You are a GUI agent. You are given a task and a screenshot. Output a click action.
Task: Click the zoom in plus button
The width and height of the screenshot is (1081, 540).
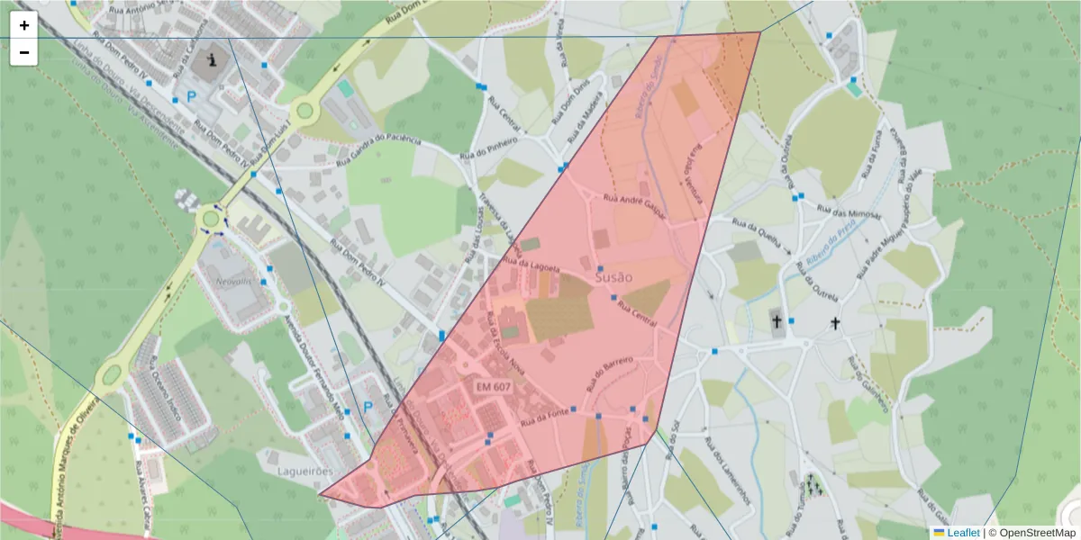pos(24,25)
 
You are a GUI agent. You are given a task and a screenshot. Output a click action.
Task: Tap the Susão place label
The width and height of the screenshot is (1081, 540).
pos(614,278)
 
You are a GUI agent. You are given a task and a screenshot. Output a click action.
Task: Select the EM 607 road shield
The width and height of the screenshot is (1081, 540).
pos(494,386)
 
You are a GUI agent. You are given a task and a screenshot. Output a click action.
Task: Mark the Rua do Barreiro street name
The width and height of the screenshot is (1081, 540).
pos(610,372)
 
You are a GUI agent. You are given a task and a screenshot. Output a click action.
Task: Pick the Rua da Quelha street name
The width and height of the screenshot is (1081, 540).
pos(756,229)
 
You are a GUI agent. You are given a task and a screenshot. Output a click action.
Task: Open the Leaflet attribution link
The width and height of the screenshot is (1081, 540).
pos(962,533)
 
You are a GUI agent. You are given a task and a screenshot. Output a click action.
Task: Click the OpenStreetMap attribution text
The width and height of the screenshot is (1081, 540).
pos(1036,533)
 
